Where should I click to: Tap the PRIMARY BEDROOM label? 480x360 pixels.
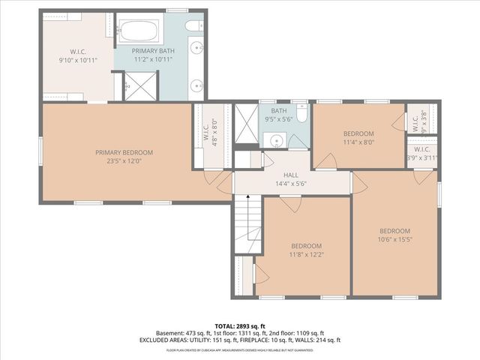click(x=124, y=152)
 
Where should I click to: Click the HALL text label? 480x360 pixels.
click(x=292, y=175)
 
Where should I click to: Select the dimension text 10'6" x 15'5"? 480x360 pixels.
click(x=394, y=239)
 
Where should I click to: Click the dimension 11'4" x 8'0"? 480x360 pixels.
click(x=358, y=141)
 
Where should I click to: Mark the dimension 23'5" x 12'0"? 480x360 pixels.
click(x=124, y=160)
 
